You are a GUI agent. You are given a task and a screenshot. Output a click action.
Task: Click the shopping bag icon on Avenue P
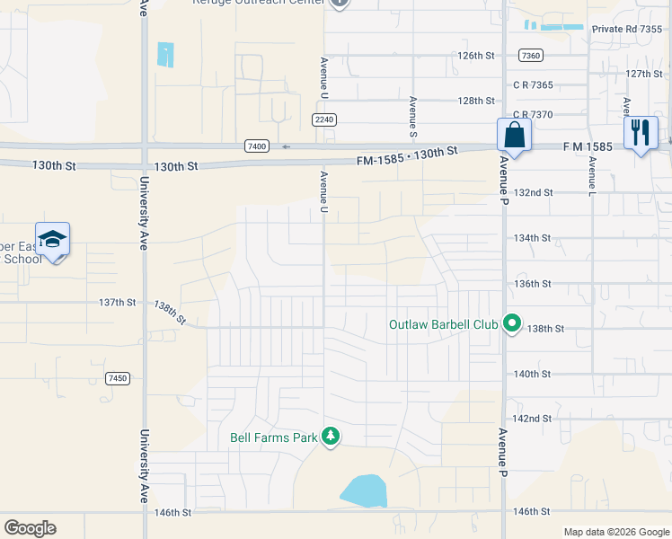pos(513,136)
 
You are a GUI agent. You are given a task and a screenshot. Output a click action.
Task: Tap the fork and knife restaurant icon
pos(640,134)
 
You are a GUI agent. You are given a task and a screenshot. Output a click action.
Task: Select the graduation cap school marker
pos(53,240)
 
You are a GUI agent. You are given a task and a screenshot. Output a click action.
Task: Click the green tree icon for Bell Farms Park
pos(332,437)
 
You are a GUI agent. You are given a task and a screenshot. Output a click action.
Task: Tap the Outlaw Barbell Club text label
pos(443,324)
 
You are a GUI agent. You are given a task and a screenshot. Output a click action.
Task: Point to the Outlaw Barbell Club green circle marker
pos(512,323)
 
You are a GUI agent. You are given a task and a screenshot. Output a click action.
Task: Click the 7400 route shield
pos(257,146)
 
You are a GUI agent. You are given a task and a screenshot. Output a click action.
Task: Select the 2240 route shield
pos(324,119)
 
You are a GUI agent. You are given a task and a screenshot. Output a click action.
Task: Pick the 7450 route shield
pos(117,378)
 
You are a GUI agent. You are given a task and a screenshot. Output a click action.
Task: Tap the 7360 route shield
pos(531,56)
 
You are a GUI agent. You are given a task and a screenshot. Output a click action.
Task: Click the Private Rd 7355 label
pos(626,30)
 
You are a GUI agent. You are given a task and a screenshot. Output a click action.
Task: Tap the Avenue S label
pos(413,117)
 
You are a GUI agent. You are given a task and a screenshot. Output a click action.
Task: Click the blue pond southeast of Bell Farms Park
pos(364,491)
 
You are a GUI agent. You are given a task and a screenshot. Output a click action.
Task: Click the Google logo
pos(30,528)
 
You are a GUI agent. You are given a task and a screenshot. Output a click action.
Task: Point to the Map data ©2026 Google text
pos(615,532)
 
